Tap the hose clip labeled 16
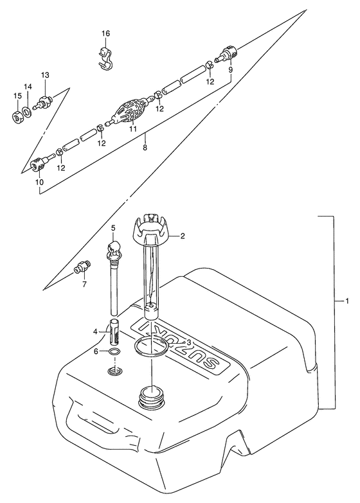pos(105,58)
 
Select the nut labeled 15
pos(16,116)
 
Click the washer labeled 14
pos(27,112)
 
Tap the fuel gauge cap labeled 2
pos(150,229)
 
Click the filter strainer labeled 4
pos(114,331)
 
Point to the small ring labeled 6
pos(114,352)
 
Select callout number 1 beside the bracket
pos(347,301)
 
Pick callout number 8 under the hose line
pos(145,148)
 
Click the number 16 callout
pos(105,33)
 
